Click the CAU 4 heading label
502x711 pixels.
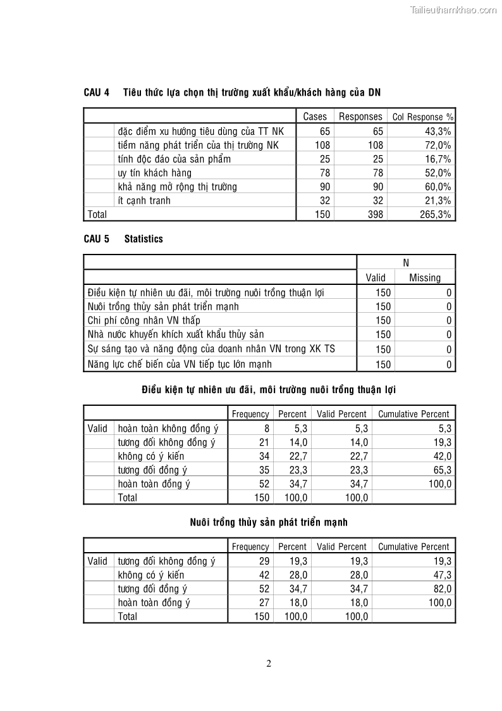click(96, 92)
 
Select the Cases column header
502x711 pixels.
click(315, 116)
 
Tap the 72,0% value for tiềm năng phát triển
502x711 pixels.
click(438, 145)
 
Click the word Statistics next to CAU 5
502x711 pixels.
click(144, 239)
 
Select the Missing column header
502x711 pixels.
click(425, 277)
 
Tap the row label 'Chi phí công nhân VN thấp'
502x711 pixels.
click(144, 320)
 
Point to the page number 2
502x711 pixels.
click(269, 664)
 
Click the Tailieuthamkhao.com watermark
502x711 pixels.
click(453, 9)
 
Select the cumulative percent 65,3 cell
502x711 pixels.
click(441, 470)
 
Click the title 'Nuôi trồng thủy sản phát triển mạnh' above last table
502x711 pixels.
click(269, 522)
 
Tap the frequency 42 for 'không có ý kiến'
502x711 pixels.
click(264, 575)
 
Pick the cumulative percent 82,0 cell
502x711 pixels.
click(441, 589)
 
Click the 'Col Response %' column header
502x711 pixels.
click(422, 117)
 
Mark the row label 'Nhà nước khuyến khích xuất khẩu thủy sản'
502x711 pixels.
click(176, 334)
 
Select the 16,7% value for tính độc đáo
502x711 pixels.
click(438, 159)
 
